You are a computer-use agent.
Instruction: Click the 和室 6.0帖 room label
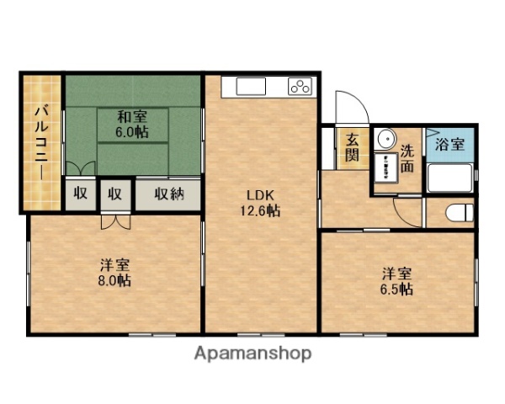pos(133,124)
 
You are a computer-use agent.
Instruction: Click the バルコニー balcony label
pos(40,143)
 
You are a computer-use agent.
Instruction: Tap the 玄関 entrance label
pos(351,148)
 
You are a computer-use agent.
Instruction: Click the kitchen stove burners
pos(300,85)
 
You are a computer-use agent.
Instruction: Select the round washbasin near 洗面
pos(386,139)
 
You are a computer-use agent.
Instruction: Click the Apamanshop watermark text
pos(253,353)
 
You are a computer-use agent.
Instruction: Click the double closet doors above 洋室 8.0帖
pos(115,221)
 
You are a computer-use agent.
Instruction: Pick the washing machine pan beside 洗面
pos(388,167)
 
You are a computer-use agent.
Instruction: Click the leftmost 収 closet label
pos(80,193)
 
